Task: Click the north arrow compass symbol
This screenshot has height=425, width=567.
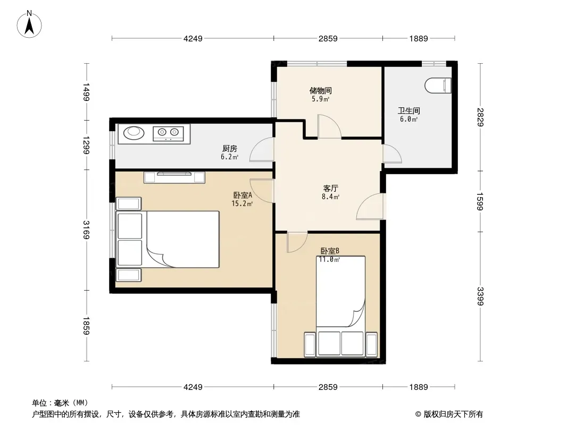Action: [x=29, y=24]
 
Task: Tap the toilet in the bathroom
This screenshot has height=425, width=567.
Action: [x=438, y=86]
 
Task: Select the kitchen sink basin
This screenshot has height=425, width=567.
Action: [x=134, y=133]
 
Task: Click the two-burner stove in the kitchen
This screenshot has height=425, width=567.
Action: [x=168, y=133]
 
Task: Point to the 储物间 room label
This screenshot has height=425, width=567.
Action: [x=320, y=90]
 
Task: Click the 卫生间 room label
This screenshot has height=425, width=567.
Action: [x=408, y=110]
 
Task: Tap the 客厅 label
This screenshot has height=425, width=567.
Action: [x=330, y=188]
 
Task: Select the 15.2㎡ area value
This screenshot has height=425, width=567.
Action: [x=242, y=203]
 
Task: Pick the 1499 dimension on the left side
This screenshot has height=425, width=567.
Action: [x=86, y=92]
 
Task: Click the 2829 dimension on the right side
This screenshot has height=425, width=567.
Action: [x=480, y=117]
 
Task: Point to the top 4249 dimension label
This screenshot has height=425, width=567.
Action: [x=193, y=39]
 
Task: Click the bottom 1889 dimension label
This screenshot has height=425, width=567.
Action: [x=419, y=387]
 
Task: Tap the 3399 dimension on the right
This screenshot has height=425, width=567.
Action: [x=480, y=296]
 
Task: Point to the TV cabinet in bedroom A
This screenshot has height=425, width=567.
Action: [x=174, y=177]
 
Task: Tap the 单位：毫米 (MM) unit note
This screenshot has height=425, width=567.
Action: [x=60, y=403]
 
